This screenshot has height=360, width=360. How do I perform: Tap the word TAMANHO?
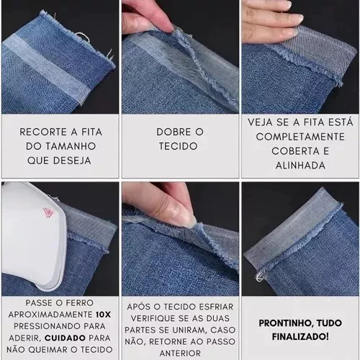(71, 146)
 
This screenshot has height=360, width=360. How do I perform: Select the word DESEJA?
(72, 161)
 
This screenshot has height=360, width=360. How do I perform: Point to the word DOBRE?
(174, 132)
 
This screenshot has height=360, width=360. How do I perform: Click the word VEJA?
(260, 122)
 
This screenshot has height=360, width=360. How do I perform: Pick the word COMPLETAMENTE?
(300, 137)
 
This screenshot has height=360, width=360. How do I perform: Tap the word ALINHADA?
(300, 166)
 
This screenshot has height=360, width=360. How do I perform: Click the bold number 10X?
(103, 315)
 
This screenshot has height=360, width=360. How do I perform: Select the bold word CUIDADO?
(65, 338)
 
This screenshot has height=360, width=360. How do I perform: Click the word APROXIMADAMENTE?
(50, 315)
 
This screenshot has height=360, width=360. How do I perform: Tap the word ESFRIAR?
(216, 307)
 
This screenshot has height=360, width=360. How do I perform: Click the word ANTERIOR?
(180, 354)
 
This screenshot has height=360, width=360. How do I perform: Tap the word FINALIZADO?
(300, 336)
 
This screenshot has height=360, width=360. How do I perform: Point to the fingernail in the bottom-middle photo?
(185, 218)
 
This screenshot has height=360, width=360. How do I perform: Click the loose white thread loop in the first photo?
(82, 37)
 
